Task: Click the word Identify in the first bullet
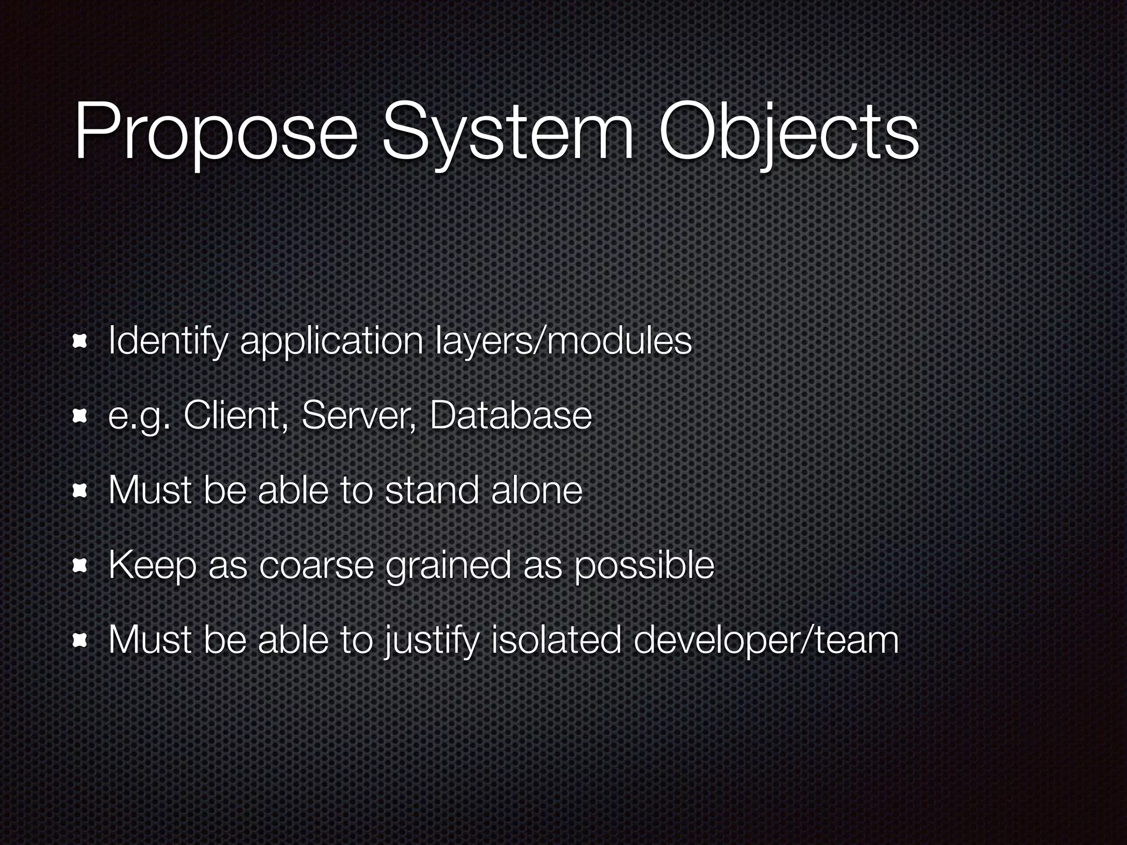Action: [168, 342]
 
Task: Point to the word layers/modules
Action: [563, 342]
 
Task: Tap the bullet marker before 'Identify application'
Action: [80, 342]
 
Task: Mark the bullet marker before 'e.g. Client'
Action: [80, 416]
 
